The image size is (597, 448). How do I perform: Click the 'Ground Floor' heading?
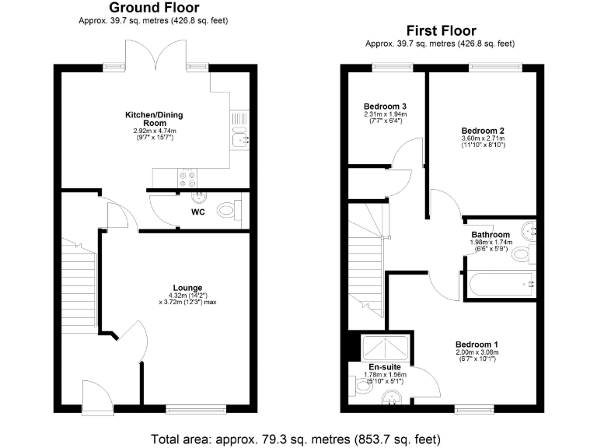(x=154, y=8)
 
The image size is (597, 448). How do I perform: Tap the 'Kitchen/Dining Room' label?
(x=154, y=119)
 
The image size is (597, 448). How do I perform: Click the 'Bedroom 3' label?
(x=386, y=107)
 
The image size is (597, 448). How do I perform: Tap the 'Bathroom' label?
(x=491, y=235)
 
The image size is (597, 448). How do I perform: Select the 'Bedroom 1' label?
(x=477, y=344)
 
